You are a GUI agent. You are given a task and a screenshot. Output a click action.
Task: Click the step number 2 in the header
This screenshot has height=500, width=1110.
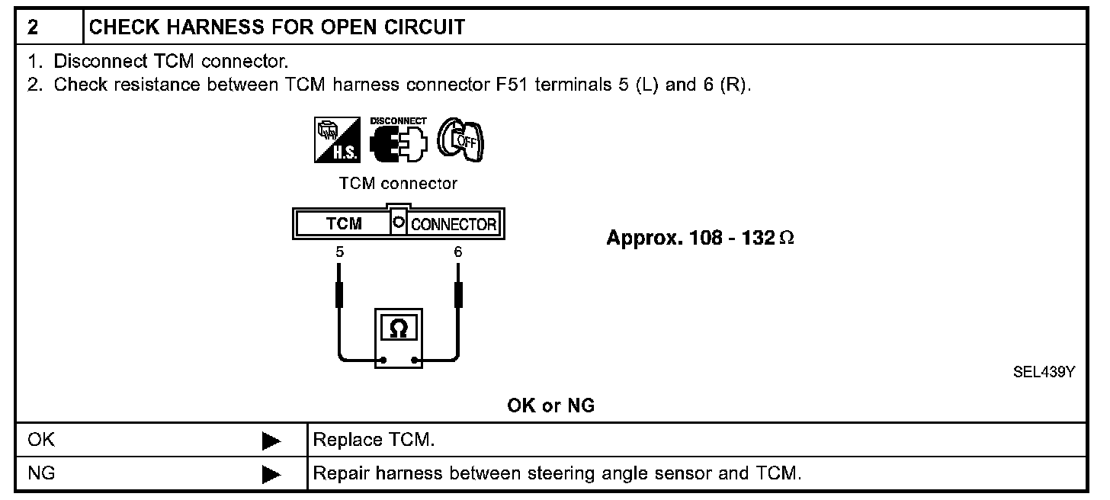point(33,28)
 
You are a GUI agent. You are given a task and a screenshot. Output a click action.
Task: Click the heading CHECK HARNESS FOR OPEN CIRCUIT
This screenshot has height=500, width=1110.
point(277,28)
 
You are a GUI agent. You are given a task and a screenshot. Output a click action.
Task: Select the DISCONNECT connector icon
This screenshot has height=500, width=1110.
point(398,141)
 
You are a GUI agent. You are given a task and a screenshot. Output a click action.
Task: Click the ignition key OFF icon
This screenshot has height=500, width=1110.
point(462,139)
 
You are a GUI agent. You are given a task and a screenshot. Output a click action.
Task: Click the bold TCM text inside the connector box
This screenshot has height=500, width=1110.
point(344,224)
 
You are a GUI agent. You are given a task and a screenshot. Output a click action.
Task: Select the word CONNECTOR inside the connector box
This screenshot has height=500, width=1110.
point(454,225)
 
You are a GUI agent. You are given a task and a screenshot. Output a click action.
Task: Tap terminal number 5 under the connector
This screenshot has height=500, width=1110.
point(339,252)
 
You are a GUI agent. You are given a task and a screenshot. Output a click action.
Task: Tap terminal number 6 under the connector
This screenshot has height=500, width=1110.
point(457,252)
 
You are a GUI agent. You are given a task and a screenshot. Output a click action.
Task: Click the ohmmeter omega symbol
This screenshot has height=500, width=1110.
point(398,329)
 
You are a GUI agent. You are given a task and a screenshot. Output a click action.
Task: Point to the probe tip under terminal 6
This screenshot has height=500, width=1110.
point(458,293)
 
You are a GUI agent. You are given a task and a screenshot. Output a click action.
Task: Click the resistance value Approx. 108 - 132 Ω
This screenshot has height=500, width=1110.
point(700,238)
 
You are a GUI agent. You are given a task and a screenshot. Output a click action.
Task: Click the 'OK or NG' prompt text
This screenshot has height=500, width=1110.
point(550,406)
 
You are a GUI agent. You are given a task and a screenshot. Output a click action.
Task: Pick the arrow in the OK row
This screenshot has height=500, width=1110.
point(271,441)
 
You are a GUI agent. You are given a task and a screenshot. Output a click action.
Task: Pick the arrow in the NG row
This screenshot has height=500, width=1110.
point(271,475)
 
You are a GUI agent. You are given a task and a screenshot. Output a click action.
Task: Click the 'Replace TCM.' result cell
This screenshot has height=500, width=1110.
point(374,441)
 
